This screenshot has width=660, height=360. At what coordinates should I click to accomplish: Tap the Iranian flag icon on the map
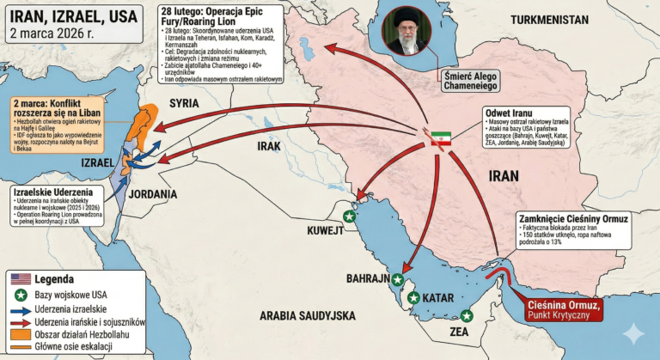pyautogui.click(x=440, y=138)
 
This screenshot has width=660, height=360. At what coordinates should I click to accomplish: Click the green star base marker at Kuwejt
pyautogui.click(x=348, y=216)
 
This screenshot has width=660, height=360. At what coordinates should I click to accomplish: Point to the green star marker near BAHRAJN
pyautogui.click(x=397, y=279)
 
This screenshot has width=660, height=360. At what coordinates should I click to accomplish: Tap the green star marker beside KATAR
pyautogui.click(x=414, y=298)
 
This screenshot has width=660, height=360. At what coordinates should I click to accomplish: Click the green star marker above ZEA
pyautogui.click(x=466, y=315)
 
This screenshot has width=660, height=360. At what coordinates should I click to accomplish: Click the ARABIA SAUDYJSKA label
pyautogui.click(x=303, y=314)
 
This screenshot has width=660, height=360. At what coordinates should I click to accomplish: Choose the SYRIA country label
pyautogui.click(x=184, y=103)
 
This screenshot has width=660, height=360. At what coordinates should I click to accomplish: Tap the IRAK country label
pyautogui.click(x=269, y=146)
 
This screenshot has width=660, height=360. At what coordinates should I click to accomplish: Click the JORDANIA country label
pyautogui.click(x=153, y=194)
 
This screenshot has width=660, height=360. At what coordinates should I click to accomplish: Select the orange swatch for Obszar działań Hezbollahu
pyautogui.click(x=19, y=333)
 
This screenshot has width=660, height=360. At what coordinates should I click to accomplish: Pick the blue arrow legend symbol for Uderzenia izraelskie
pyautogui.click(x=19, y=308)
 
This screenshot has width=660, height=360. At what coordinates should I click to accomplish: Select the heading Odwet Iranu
pyautogui.click(x=509, y=114)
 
